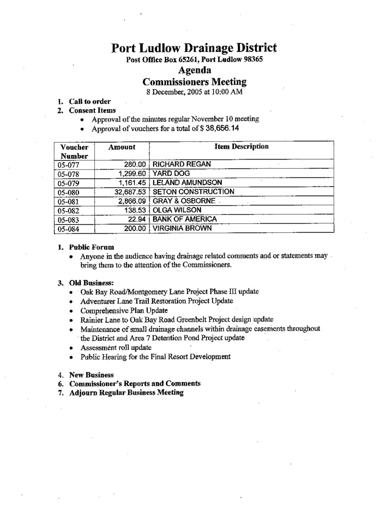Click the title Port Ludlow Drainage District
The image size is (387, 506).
tap(194, 48)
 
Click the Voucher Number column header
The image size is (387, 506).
tap(74, 151)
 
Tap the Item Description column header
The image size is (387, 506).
tap(241, 147)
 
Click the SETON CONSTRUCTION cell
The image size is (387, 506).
tap(193, 192)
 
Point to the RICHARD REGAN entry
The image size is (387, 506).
tap(183, 164)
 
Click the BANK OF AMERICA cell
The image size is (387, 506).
tap(185, 219)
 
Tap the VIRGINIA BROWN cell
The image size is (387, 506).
tap(182, 228)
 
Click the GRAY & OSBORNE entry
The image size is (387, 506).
tap(184, 201)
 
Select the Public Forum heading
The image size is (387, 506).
tap(92, 247)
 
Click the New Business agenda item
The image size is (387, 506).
tap(91, 375)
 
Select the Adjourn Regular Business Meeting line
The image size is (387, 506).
tap(126, 393)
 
